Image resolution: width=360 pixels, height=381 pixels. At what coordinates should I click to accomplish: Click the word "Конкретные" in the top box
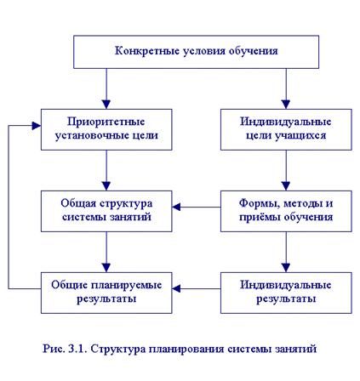[x=146, y=51]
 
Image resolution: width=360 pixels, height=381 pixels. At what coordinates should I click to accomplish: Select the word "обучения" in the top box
[x=253, y=51]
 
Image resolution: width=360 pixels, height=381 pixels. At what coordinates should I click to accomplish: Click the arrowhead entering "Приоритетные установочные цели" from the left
[x=37, y=126]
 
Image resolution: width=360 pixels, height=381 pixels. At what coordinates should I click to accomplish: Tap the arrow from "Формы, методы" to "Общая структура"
[x=197, y=208]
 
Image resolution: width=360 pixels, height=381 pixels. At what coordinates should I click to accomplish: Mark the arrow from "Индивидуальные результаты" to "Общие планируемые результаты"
[x=197, y=289]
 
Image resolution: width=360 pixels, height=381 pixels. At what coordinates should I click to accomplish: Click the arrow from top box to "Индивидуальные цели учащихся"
[x=286, y=88]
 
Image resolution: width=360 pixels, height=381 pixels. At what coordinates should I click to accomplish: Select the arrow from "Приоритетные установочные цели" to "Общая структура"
[x=106, y=170]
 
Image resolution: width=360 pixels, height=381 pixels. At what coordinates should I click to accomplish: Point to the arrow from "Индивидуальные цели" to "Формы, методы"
[x=286, y=170]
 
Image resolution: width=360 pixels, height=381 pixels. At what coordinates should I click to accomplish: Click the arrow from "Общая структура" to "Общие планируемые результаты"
[x=106, y=252]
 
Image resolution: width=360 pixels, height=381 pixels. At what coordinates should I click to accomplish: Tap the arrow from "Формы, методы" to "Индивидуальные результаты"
[x=286, y=252]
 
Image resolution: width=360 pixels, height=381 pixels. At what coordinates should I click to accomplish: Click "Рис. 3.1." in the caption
[x=65, y=349]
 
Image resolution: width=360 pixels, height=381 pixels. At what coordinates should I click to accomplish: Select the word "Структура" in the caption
[x=118, y=349]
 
